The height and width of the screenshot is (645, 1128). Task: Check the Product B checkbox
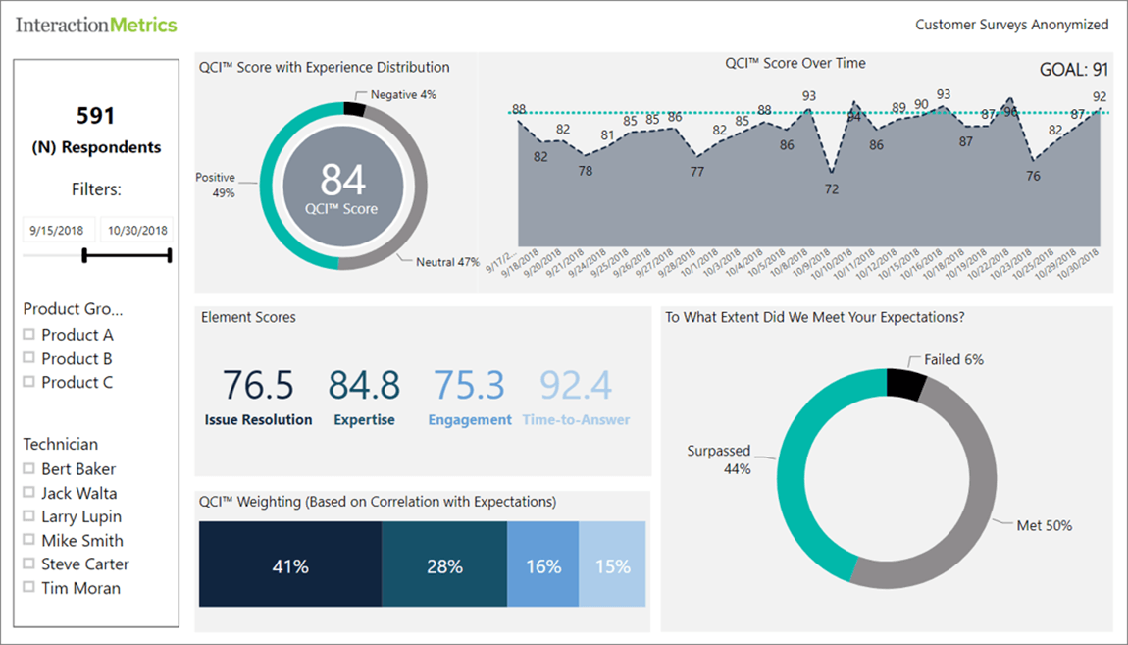click(29, 358)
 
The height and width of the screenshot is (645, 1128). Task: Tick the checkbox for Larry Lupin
click(29, 516)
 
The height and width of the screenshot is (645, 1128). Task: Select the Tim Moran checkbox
click(29, 588)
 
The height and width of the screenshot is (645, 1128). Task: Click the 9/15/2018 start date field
click(59, 231)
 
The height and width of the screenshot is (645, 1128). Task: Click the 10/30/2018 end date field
click(137, 231)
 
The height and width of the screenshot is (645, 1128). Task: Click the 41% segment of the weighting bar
click(290, 565)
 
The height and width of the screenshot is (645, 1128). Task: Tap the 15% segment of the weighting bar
click(613, 565)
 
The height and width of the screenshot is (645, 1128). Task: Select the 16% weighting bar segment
click(543, 565)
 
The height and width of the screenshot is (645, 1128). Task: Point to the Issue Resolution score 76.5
click(258, 385)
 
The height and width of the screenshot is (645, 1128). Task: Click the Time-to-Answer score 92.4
click(575, 385)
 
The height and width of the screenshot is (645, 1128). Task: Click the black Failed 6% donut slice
click(905, 384)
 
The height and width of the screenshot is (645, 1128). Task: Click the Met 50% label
click(1044, 525)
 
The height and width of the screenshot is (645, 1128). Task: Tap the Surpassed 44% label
click(718, 459)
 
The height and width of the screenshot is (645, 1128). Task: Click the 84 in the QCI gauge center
click(342, 180)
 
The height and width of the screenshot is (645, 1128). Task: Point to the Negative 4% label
click(403, 94)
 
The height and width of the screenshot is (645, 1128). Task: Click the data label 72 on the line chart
click(832, 188)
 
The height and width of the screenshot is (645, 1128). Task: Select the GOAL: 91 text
click(1073, 69)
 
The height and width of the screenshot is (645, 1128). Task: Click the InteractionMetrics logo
click(96, 25)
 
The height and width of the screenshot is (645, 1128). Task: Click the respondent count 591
click(96, 115)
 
